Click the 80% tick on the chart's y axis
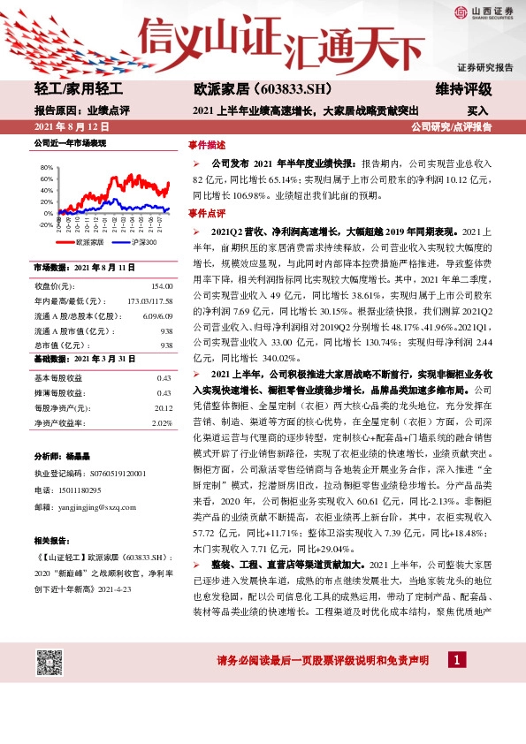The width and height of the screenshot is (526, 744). pos(45,166)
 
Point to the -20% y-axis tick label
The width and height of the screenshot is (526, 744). pos(45,224)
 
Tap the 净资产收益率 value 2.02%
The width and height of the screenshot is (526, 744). pos(161,399)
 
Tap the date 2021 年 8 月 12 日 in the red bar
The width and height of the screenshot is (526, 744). pos(69,127)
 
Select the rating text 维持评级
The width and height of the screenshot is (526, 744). pos(463,90)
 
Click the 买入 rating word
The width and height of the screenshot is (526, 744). pos(477,111)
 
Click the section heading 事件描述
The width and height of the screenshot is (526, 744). pos(206,144)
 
